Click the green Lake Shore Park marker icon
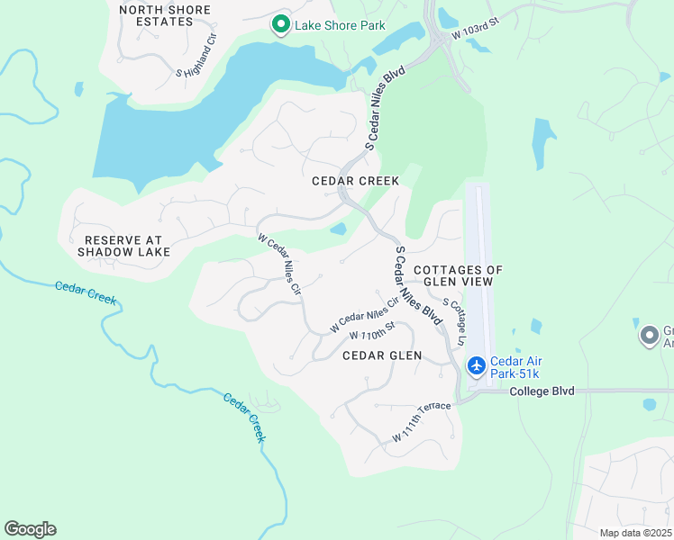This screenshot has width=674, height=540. [281, 25]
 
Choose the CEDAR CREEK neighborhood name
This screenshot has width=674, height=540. [355, 181]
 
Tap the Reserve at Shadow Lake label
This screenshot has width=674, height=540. [123, 246]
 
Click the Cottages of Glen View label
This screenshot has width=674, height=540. [458, 275]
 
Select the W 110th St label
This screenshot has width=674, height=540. [373, 331]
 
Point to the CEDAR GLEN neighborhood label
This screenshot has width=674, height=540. [382, 355]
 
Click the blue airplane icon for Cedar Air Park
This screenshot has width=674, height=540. [476, 365]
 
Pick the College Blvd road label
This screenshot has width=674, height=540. [542, 391]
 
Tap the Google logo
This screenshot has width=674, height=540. [30, 529]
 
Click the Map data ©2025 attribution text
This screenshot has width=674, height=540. [634, 533]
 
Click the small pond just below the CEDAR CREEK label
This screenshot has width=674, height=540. [339, 229]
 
